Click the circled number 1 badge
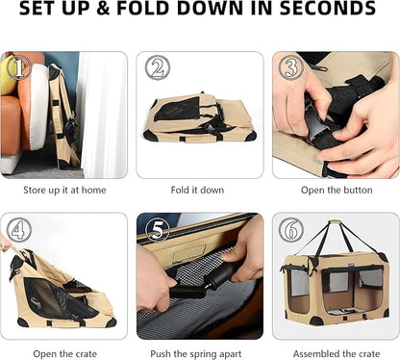click(x=19, y=67)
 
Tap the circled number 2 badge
click(x=157, y=67)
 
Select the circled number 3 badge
click(x=290, y=67)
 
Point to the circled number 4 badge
click(x=19, y=230)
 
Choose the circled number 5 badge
click(x=157, y=230)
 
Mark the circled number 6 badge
click(x=290, y=230)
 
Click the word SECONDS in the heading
click(x=328, y=9)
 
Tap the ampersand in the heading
click(x=103, y=9)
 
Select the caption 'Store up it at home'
click(x=64, y=190)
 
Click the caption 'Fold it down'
click(x=197, y=190)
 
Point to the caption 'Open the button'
click(x=337, y=190)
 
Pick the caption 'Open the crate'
click(x=64, y=354)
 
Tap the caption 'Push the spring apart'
click(x=196, y=354)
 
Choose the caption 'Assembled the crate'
click(x=337, y=354)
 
